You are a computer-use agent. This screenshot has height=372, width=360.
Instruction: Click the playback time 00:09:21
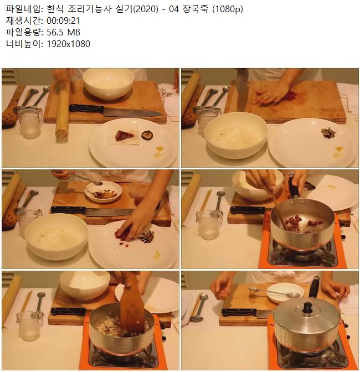[x=63, y=21]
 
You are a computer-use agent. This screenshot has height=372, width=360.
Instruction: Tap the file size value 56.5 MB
[x=63, y=32]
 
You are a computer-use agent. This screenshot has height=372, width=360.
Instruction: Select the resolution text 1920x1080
[x=68, y=44]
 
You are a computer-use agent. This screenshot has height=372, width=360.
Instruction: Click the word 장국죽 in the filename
[x=196, y=9]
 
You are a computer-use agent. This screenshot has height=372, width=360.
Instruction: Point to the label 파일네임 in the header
[x=23, y=9]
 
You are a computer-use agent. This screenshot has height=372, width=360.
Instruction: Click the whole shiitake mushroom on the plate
[x=147, y=135]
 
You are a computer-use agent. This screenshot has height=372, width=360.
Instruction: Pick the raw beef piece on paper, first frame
[x=125, y=136]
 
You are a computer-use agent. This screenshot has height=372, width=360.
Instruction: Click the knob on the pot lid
[x=308, y=307]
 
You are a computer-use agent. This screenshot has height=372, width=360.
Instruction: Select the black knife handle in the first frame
[x=86, y=109]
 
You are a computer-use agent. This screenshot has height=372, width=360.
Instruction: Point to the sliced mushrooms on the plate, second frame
[x=328, y=132]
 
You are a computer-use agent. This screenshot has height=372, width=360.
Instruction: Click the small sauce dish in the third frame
[x=103, y=192]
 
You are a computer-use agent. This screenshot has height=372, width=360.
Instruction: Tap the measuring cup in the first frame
[x=30, y=123]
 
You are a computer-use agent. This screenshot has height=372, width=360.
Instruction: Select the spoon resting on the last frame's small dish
[x=275, y=292]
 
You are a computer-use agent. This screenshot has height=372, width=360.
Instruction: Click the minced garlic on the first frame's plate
[x=159, y=152]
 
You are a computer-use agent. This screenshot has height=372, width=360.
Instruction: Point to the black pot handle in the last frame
[x=314, y=287]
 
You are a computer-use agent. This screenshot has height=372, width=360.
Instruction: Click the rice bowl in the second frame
[x=236, y=135]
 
